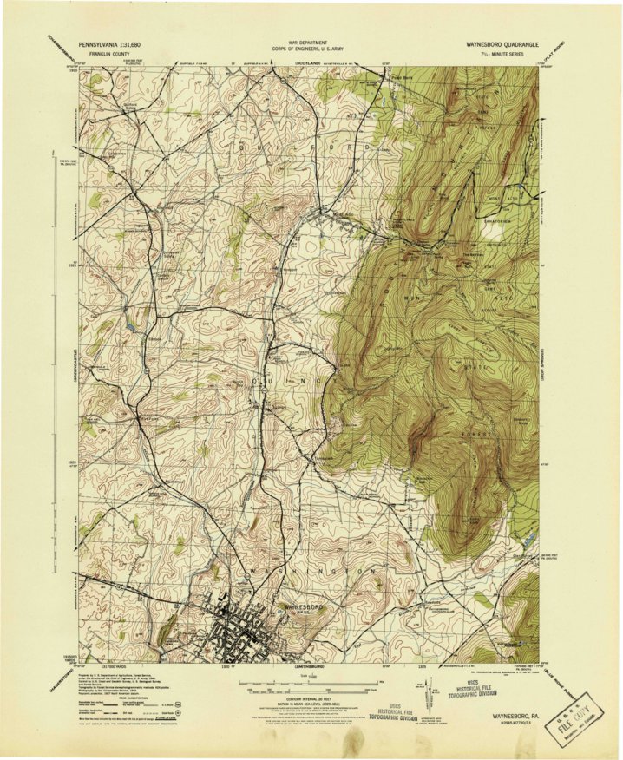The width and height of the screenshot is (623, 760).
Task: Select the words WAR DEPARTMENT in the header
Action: click(x=311, y=40)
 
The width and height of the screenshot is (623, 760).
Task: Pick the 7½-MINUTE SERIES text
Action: click(x=512, y=53)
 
